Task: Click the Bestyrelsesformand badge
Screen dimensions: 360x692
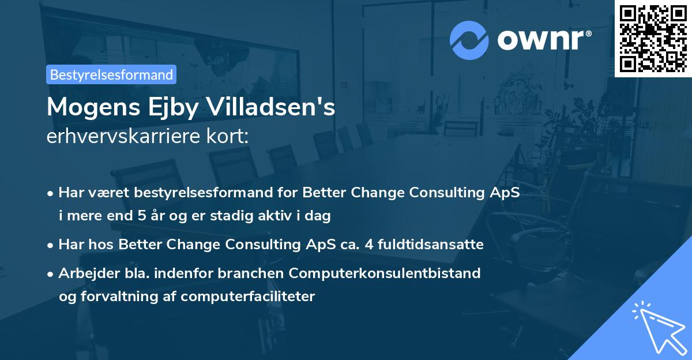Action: pyautogui.click(x=111, y=74)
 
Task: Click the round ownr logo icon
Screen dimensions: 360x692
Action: pyautogui.click(x=469, y=40)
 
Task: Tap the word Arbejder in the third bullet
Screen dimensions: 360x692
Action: pyautogui.click(x=85, y=273)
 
